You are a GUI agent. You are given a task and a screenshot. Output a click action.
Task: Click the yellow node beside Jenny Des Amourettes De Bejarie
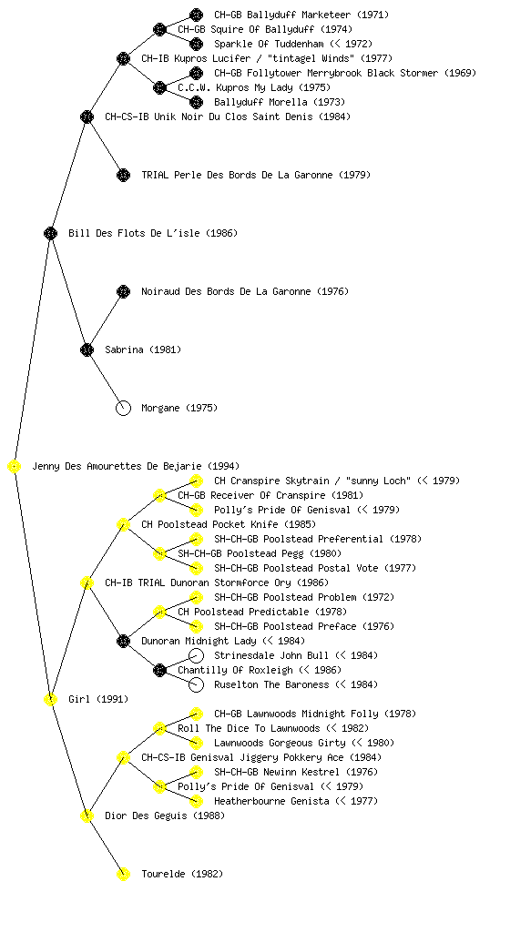coord(15,467)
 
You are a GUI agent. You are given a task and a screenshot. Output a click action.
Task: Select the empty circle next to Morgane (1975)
coord(123,409)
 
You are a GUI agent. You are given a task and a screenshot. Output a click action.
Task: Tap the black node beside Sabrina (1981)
coord(87,350)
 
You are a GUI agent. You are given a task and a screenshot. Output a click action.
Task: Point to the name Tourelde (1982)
coord(182,874)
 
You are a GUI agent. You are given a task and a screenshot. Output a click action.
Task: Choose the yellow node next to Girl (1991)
coord(50,700)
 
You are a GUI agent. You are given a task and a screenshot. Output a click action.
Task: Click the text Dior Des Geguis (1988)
coord(165,815)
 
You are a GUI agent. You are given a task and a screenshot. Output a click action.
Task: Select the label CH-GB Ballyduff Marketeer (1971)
coord(301,15)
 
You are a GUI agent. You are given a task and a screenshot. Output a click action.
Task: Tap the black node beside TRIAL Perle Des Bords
coord(123,176)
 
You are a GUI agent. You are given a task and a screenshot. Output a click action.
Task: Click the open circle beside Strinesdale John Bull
coord(196,655)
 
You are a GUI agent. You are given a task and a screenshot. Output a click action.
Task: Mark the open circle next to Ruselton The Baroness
coord(196,684)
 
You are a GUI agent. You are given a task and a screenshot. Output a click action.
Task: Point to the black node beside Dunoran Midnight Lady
coord(123,642)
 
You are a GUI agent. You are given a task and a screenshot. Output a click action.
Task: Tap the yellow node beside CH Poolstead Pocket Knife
coord(123,525)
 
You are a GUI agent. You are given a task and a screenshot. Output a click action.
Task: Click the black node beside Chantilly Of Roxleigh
coord(159,671)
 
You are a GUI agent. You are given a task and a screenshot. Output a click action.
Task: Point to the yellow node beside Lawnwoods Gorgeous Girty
coord(196,743)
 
